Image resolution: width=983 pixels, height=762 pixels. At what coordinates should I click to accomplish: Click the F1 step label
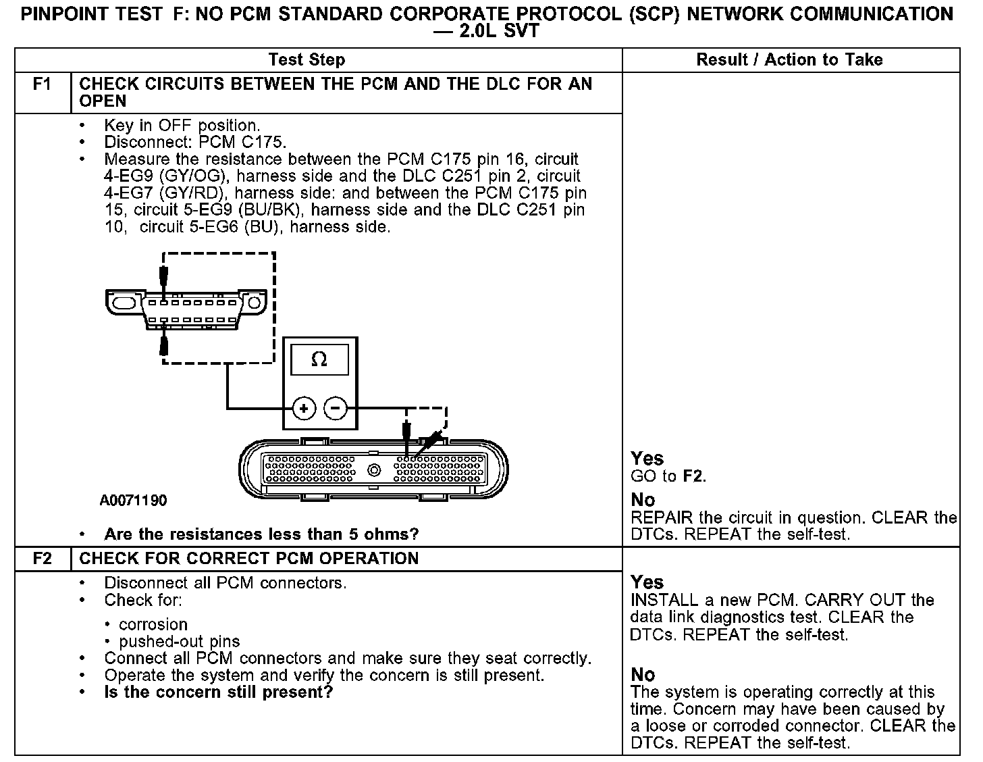click(42, 84)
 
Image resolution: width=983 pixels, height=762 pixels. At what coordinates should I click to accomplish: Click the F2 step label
click(42, 559)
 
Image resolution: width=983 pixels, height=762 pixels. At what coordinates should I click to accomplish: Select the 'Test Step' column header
click(307, 60)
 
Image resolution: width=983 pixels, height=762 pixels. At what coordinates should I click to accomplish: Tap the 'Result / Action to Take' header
click(789, 60)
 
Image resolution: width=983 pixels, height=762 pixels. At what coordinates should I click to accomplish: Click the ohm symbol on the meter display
click(319, 360)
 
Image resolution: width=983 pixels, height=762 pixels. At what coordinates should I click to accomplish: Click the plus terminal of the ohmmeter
click(304, 408)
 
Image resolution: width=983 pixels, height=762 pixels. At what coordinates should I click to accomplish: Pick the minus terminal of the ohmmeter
click(336, 408)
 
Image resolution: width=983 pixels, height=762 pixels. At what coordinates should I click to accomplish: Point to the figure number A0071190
click(133, 501)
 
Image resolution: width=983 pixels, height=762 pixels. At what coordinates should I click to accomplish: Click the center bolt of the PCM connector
click(373, 470)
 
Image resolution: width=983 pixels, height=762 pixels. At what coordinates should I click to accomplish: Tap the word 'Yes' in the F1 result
click(647, 459)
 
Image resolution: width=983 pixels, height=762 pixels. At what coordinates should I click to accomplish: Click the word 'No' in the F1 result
click(643, 501)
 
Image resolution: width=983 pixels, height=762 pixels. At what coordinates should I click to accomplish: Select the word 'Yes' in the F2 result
click(647, 582)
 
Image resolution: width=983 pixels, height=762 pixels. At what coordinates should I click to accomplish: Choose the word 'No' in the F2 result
click(643, 675)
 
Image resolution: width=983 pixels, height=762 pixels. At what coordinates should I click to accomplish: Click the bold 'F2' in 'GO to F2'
click(693, 476)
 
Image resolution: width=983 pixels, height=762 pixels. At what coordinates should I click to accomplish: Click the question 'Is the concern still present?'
click(219, 692)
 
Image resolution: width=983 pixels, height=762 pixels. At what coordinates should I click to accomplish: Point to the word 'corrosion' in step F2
click(153, 624)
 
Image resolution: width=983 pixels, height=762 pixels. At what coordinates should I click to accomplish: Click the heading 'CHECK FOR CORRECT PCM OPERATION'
click(248, 559)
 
